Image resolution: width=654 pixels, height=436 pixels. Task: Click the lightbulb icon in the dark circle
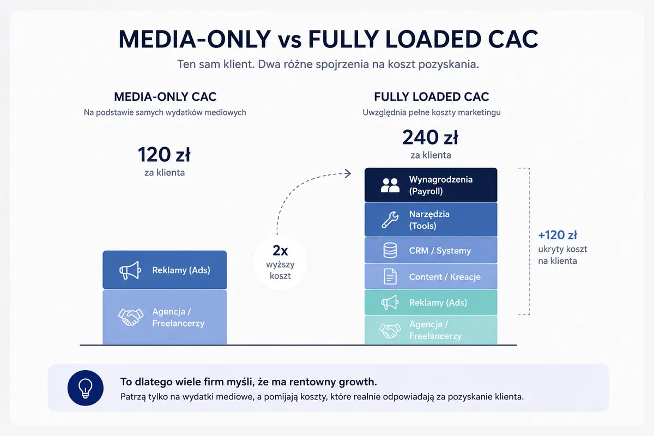pos(85,388)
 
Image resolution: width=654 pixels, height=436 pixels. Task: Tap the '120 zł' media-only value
pos(164,154)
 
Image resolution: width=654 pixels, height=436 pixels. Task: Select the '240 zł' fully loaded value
pos(431,137)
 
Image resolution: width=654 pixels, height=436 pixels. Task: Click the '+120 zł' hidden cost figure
pos(558,235)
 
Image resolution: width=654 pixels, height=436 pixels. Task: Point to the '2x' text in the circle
pos(280,251)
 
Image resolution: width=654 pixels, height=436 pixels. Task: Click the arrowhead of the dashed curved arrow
pos(348,173)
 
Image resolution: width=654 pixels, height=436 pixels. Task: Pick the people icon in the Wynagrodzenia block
pos(390,185)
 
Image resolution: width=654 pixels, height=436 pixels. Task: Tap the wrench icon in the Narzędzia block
pos(390,220)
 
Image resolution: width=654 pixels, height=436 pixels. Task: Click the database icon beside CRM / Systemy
pos(390,251)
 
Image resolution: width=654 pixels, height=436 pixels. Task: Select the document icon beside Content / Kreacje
pos(390,276)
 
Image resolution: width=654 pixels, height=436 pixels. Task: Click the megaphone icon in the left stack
pos(130,270)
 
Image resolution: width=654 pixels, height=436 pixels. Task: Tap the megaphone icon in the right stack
pos(390,302)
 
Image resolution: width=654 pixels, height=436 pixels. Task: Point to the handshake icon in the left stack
pos(130,317)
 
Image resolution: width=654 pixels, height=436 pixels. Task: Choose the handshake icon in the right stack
pos(390,330)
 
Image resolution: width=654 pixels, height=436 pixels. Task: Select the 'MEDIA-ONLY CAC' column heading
pos(165,96)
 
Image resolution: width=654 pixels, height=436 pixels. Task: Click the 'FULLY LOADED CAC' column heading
pos(432,96)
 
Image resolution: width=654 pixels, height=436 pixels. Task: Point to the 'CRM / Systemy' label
pos(440,251)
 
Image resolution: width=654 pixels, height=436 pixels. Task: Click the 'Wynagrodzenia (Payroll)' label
pos(441,185)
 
